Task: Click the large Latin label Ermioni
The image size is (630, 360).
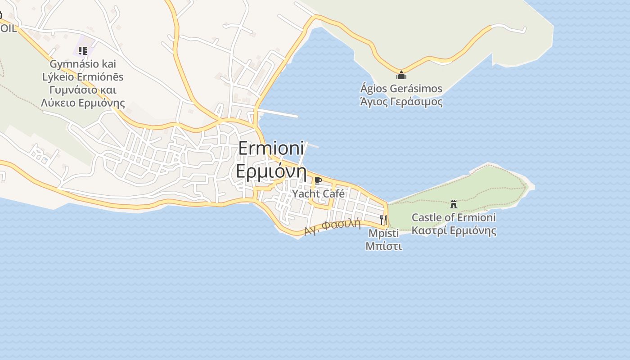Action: coord(271,149)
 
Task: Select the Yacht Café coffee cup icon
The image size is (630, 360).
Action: coord(318,181)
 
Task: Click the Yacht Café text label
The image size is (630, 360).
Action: coord(318,194)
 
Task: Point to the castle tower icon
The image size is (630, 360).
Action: coord(454,204)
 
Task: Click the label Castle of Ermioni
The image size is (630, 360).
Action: coord(454,218)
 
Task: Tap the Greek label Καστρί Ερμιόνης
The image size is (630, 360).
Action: coord(454,231)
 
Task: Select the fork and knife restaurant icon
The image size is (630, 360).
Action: coord(383,220)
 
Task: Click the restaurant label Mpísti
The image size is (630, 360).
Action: coord(383,234)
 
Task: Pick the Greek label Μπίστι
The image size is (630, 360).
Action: coord(383,247)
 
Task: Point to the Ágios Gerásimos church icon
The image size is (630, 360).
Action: coord(401,75)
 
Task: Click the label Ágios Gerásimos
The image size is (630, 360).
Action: coord(401,89)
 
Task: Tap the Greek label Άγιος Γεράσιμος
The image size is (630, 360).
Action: coord(401,102)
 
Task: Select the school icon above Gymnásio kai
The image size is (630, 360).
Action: coord(83,50)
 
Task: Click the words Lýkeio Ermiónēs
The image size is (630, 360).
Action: coord(83,77)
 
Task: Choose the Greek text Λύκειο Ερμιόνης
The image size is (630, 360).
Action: coord(83,103)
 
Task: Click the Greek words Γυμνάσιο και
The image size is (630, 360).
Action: coord(83,90)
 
